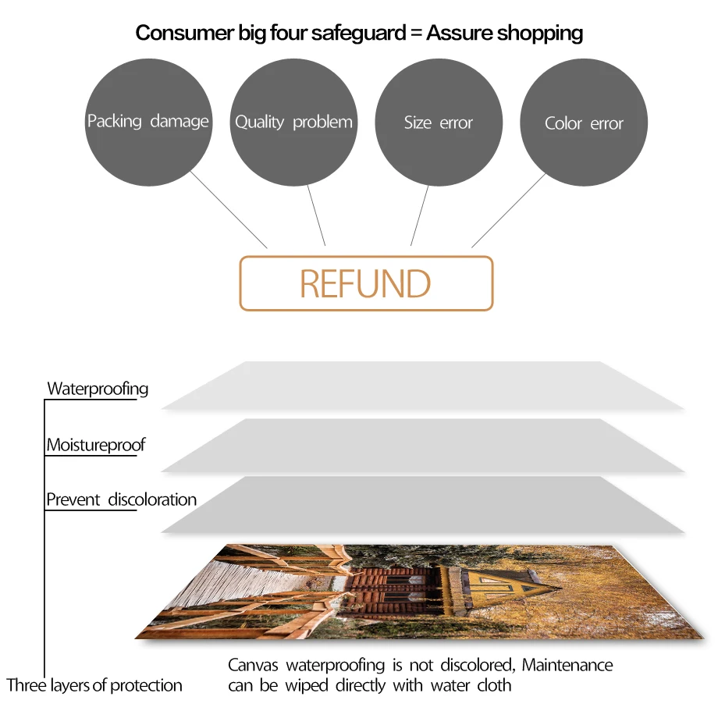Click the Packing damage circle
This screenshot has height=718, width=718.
point(148,122)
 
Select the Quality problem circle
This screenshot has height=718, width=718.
point(293,122)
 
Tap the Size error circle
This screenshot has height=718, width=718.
point(438,123)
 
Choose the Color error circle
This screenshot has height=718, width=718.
point(584,123)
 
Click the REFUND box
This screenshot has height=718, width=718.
point(365,283)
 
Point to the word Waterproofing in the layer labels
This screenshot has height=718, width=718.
point(98,389)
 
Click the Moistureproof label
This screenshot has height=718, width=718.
point(95,446)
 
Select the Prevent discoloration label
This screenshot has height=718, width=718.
point(121,499)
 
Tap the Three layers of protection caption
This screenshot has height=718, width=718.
point(94,686)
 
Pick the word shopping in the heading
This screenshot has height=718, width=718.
point(540,33)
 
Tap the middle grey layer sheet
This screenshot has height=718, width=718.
point(421,445)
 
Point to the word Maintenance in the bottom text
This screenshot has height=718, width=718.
point(567,666)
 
